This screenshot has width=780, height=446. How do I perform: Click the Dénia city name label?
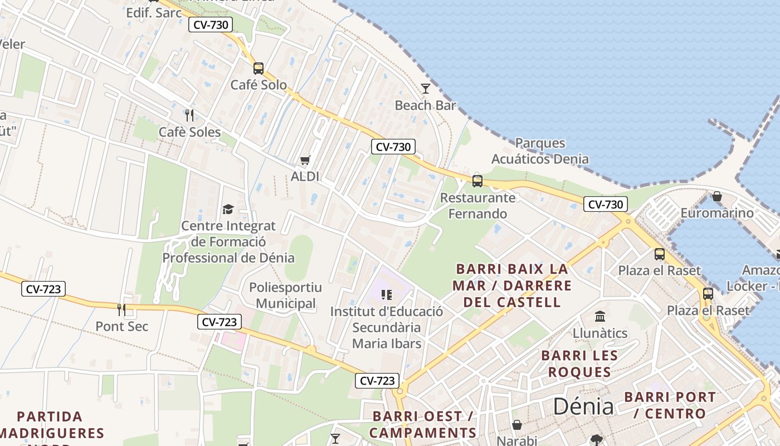point(583,406)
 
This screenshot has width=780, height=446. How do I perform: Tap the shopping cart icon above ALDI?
point(305,161)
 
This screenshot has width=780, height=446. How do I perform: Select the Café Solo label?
point(259,85)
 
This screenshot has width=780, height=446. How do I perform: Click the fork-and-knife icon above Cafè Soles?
point(189,115)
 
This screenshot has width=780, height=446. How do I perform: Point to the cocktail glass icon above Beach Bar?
point(426,88)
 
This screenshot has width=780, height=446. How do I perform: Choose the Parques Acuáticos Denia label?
point(539,151)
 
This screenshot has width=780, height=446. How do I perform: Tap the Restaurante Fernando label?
point(477,206)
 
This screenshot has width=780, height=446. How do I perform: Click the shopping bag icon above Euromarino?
point(717,196)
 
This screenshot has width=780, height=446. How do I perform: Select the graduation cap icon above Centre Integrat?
point(228,209)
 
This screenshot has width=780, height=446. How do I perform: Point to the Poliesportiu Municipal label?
point(285,295)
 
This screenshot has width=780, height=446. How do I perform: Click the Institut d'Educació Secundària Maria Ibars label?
point(387,327)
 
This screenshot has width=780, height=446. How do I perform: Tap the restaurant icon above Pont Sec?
point(121,309)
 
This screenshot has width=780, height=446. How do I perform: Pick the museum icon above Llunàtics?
point(600,317)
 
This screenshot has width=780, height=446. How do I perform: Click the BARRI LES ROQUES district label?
point(579,363)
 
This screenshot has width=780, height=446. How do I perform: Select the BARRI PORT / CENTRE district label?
point(670,405)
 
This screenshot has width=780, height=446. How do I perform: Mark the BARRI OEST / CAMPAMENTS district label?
point(422,424)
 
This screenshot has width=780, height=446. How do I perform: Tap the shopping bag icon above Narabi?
point(517,425)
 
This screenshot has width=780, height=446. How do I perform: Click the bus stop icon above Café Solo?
point(259,69)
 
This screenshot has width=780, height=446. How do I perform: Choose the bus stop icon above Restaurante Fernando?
point(477,181)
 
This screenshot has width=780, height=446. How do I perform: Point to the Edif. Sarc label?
point(154,13)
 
